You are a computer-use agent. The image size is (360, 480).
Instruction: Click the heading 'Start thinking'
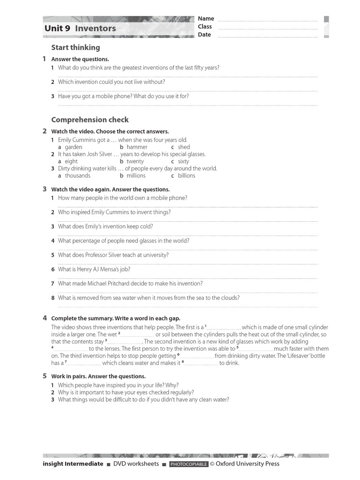click(75, 47)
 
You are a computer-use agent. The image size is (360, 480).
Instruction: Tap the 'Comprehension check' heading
click(90, 120)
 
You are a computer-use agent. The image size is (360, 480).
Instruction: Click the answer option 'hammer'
click(137, 147)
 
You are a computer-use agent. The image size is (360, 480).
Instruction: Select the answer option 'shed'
click(184, 147)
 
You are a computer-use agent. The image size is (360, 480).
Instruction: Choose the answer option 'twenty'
click(135, 161)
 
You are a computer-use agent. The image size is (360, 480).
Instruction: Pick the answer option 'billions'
click(186, 176)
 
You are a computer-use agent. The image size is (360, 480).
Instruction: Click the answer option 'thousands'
click(77, 176)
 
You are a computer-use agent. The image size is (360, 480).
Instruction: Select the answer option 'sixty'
click(183, 161)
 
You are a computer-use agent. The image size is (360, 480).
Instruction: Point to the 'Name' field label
click(206, 19)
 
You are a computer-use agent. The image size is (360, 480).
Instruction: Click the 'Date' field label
click(204, 35)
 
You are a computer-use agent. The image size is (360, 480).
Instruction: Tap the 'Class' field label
click(205, 27)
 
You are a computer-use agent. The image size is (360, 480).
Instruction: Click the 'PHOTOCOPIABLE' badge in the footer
click(188, 464)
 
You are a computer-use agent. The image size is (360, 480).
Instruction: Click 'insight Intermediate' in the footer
click(73, 464)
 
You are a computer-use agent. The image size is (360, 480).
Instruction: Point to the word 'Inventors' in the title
click(95, 28)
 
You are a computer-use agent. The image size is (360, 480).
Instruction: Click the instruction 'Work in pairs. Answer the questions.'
click(98, 376)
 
